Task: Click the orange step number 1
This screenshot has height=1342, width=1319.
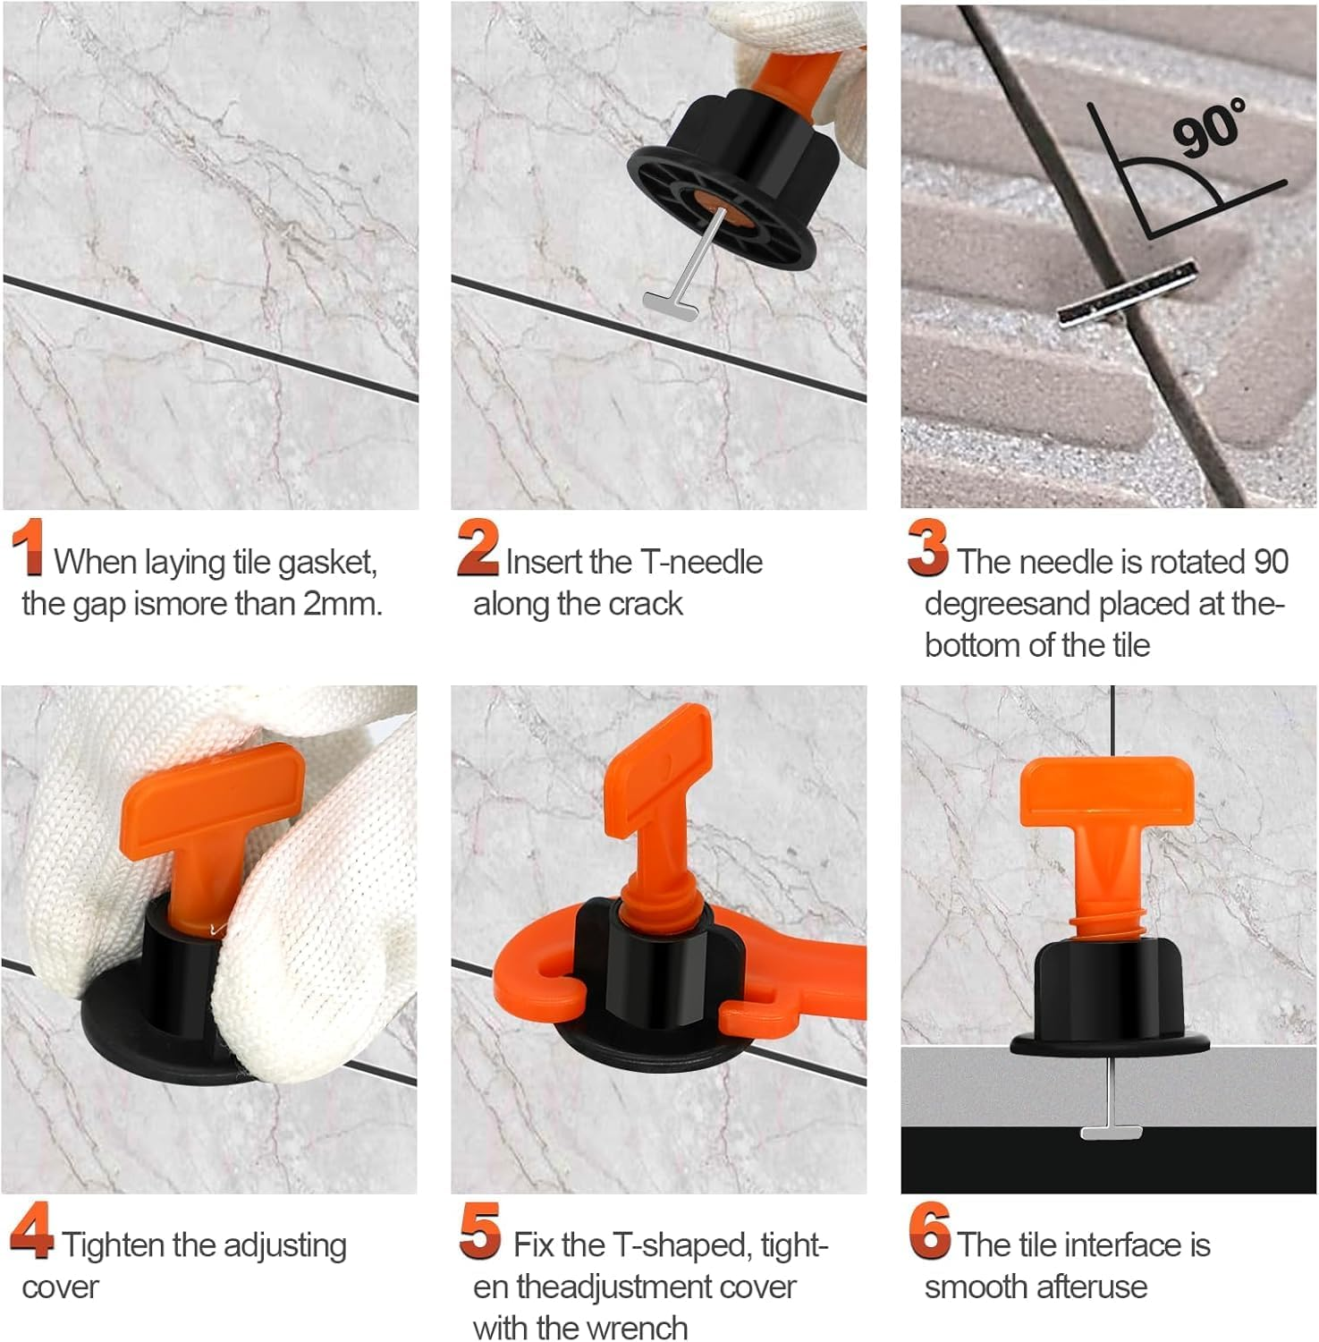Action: point(30,547)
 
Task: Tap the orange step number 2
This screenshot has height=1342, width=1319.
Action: point(478,547)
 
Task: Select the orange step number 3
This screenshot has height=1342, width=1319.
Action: point(927,547)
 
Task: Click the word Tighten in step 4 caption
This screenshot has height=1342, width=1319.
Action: point(114,1245)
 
